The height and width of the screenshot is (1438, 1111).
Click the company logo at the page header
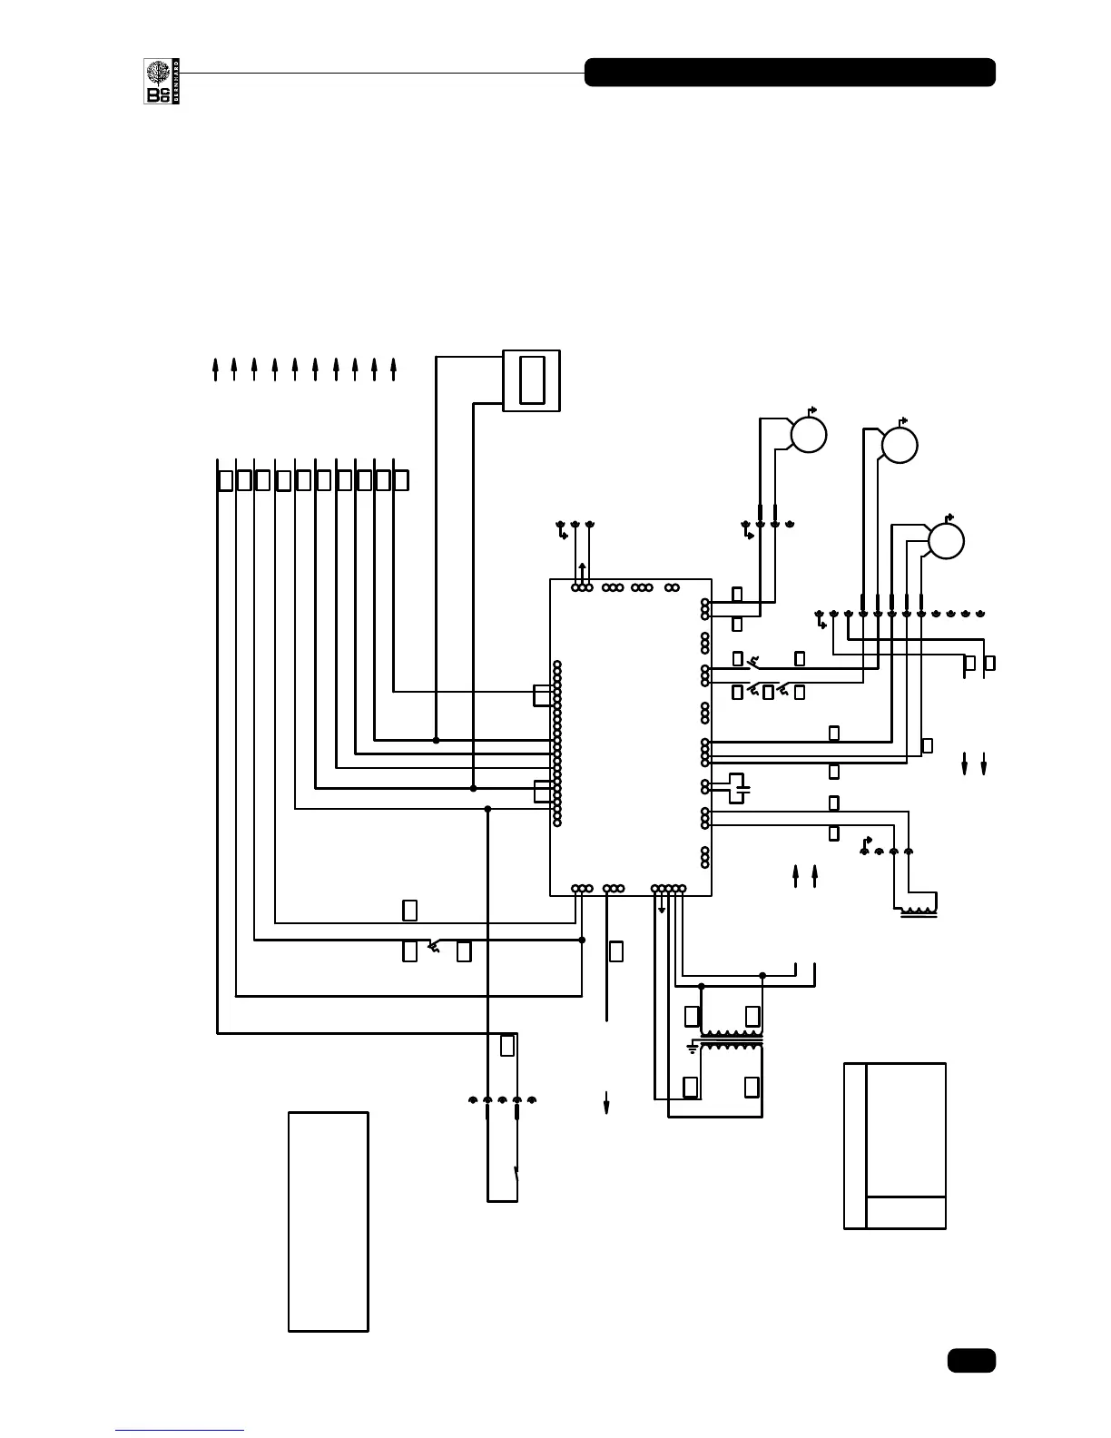(158, 81)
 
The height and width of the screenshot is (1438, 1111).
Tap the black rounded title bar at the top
(790, 73)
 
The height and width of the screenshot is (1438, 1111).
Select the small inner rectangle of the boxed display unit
(532, 380)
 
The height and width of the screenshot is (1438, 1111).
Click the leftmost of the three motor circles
(808, 435)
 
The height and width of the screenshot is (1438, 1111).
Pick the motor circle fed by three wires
(946, 541)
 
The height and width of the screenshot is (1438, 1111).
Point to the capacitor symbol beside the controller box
(740, 786)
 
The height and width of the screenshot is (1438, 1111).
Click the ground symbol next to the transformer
(693, 1049)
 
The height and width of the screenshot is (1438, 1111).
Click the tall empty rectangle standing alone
(329, 1221)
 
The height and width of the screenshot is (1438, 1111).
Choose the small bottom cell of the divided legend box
(906, 1212)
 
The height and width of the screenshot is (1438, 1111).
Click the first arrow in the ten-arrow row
(215, 369)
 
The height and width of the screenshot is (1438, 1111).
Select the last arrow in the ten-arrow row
(394, 369)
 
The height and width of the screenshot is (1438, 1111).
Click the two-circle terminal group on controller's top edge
(672, 587)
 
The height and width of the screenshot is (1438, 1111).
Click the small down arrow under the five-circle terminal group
(661, 907)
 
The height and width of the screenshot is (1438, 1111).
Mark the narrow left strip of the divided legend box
(855, 1146)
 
